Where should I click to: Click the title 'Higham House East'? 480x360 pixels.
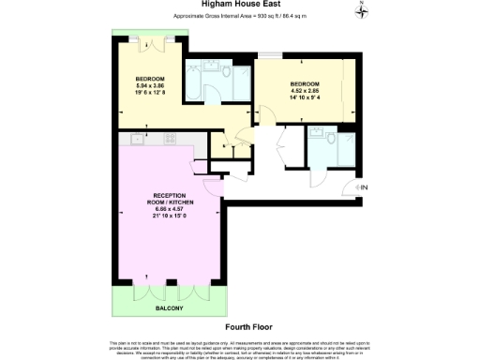238,6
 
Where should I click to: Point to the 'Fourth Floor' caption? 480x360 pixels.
239,327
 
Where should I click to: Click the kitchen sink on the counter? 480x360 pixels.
137,139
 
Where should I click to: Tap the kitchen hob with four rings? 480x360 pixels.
172,139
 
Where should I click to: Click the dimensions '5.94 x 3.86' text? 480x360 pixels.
151,85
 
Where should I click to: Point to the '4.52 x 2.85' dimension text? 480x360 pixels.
304,91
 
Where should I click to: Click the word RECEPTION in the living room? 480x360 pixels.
151,195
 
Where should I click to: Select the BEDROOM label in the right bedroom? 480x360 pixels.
304,83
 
